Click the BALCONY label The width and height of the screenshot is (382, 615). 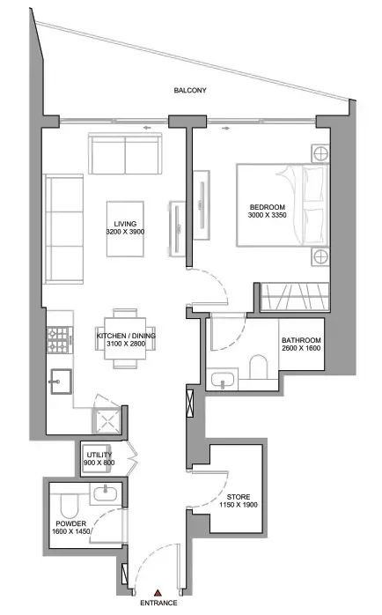click(190, 91)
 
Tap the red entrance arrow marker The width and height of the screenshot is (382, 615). click(157, 594)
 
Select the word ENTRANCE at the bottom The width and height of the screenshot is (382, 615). click(158, 604)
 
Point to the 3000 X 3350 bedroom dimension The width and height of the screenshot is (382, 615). click(268, 216)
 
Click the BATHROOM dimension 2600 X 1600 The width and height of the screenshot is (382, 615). click(301, 350)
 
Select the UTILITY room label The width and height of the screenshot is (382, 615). click(99, 455)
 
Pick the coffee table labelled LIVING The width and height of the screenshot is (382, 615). click(125, 228)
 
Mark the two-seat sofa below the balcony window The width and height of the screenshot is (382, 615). click(125, 155)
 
